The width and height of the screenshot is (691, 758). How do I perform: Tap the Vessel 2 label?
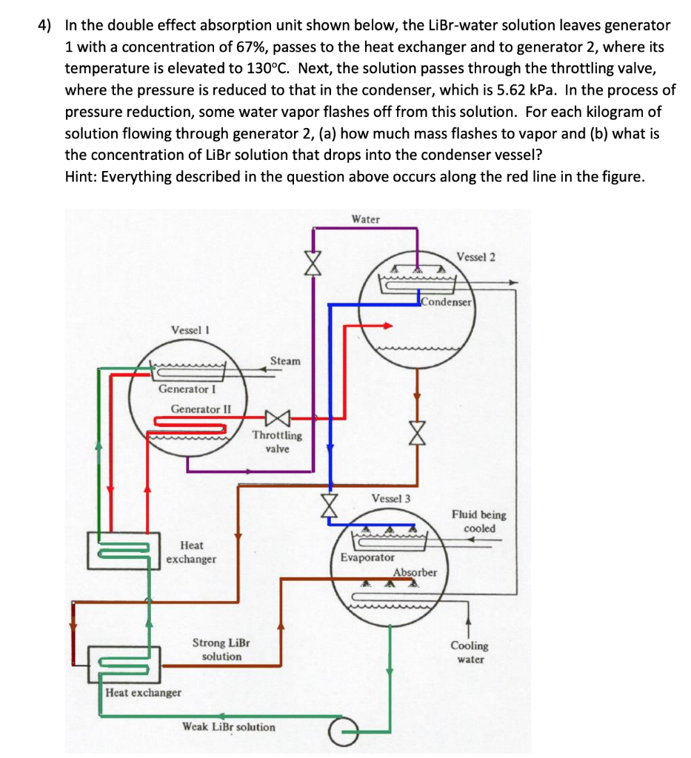(x=476, y=257)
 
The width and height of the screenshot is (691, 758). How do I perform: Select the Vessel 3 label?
(x=392, y=498)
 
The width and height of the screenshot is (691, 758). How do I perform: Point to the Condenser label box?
(x=446, y=302)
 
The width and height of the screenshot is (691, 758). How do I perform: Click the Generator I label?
(x=187, y=389)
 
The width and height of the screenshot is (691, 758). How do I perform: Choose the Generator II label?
(x=201, y=409)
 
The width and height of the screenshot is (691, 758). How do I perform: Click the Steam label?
(x=285, y=361)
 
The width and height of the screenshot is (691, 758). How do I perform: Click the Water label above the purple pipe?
(x=366, y=219)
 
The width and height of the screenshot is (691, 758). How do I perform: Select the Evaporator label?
(x=368, y=557)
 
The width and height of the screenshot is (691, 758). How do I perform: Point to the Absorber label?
(x=415, y=572)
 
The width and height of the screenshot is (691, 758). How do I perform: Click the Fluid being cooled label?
(x=479, y=521)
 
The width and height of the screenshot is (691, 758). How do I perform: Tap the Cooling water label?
(x=470, y=652)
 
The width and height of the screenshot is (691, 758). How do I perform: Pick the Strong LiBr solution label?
(x=221, y=649)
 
